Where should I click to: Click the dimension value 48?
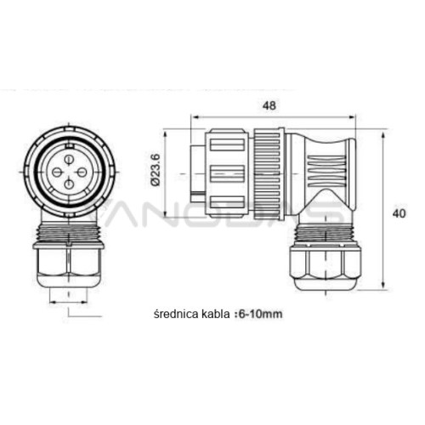[269, 105]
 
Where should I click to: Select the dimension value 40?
[399, 213]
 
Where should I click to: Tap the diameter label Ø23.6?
[156, 170]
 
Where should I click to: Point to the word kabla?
[215, 314]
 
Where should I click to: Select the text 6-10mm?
[261, 314]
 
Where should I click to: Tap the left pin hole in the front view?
[56, 172]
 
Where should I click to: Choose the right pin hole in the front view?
[82, 172]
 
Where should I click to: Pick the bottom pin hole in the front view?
[69, 184]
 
